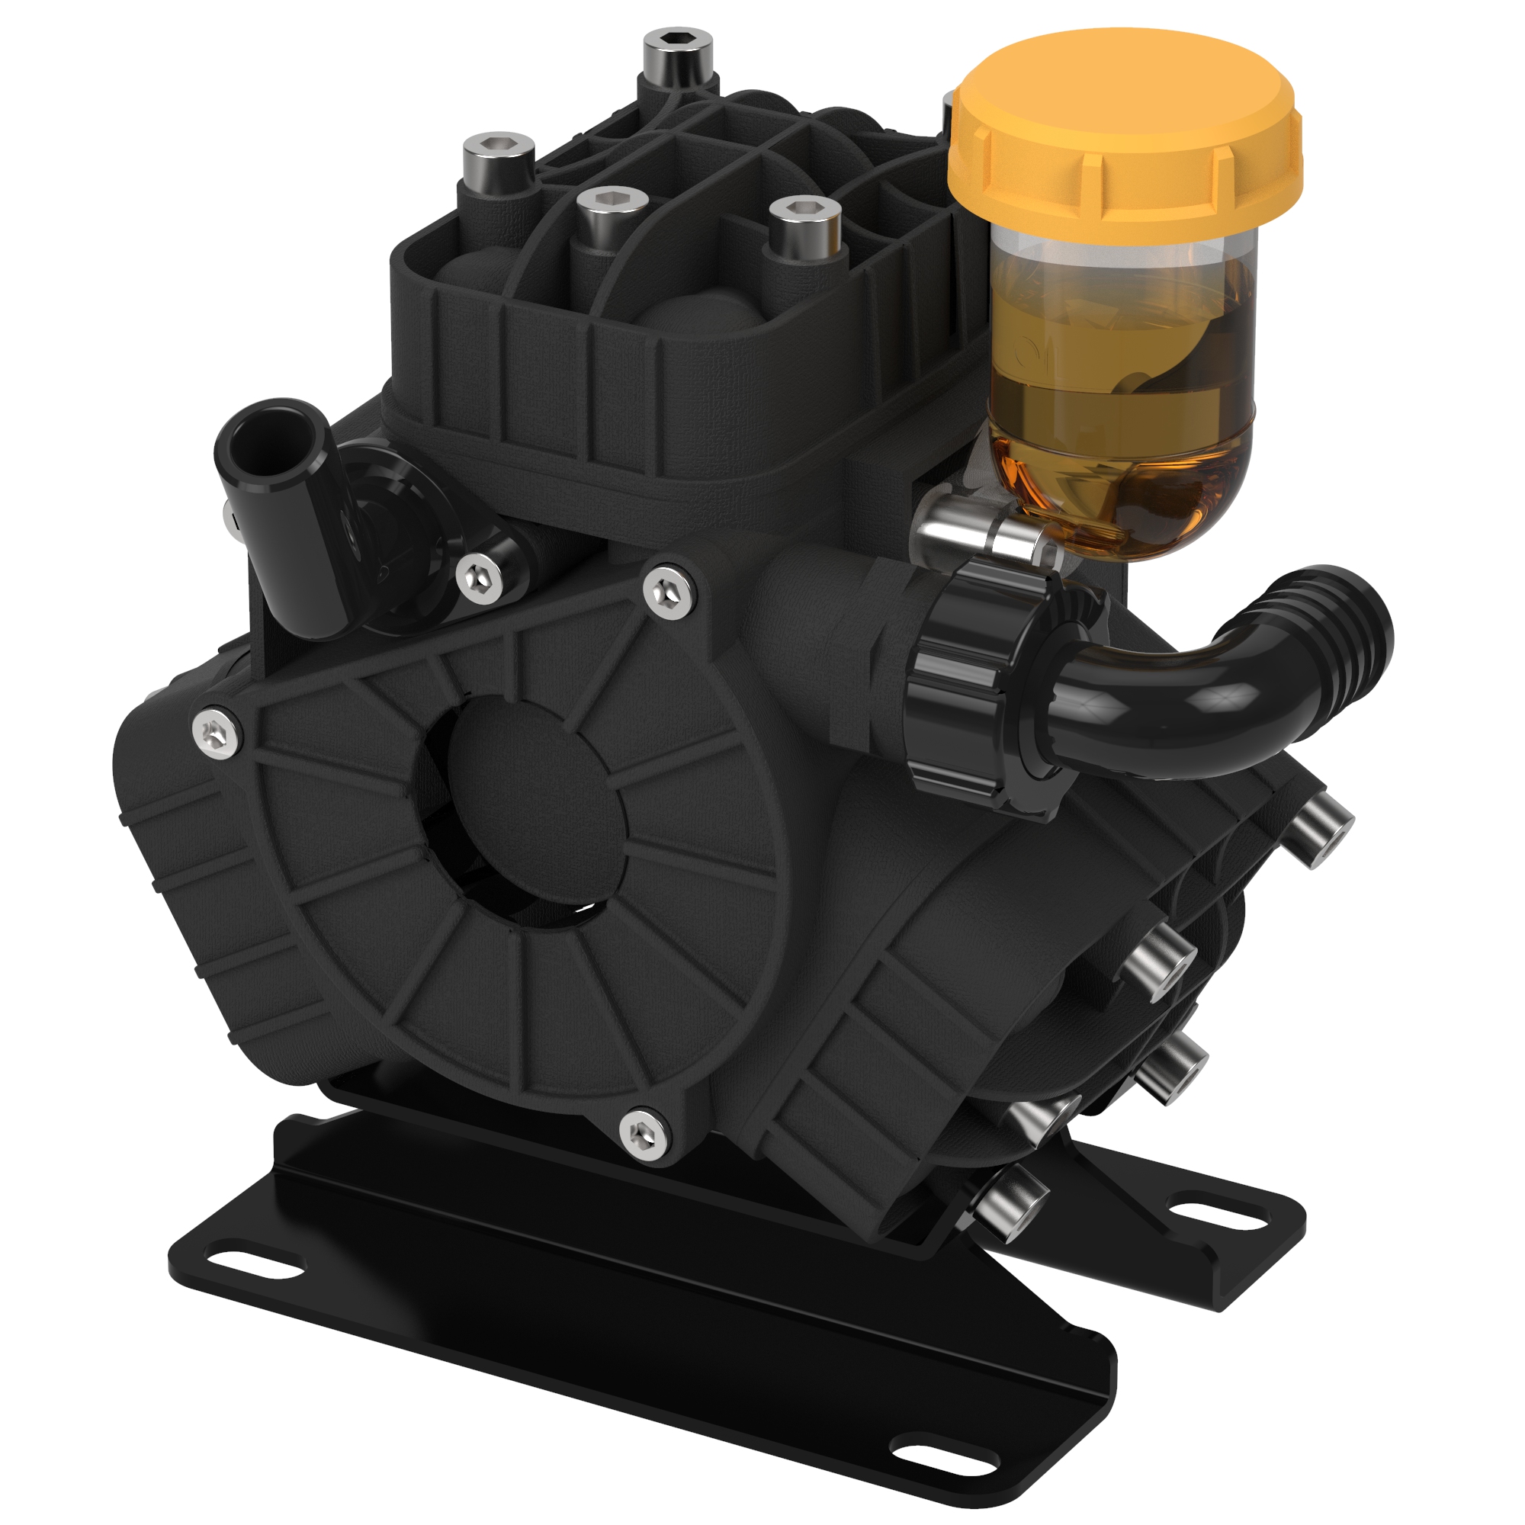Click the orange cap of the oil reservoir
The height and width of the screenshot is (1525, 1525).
(x=1125, y=134)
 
